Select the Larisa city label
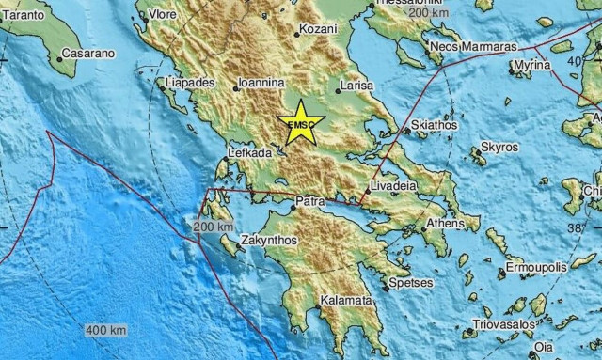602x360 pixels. [358, 85]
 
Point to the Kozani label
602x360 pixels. [319, 29]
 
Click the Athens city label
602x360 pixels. [445, 224]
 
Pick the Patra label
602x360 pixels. [310, 201]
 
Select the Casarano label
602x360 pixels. [89, 54]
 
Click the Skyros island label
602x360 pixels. [499, 148]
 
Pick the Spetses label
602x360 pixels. [412, 282]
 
